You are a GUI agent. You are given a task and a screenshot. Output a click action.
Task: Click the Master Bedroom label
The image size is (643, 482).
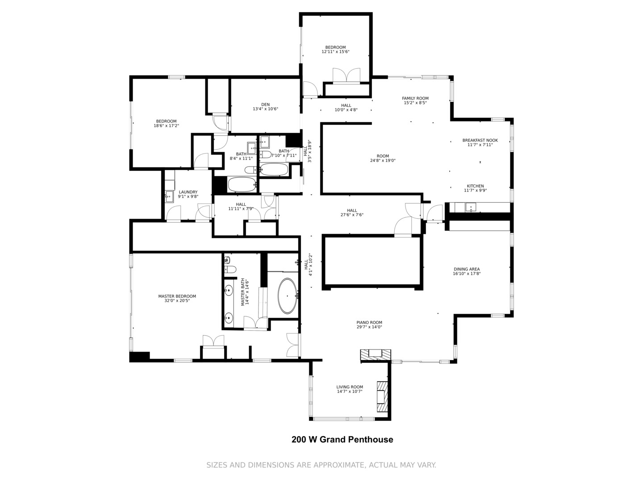pyautogui.click(x=177, y=296)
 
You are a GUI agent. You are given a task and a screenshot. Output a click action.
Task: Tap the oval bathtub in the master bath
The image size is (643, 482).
pyautogui.click(x=287, y=296)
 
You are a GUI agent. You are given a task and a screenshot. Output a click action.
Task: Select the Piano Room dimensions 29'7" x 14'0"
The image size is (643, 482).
pyautogui.click(x=369, y=327)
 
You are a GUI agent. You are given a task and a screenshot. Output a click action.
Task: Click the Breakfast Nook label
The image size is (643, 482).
pyautogui.click(x=480, y=140)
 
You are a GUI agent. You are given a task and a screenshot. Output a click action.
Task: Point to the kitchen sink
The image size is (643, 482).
pyautogui.click(x=471, y=207)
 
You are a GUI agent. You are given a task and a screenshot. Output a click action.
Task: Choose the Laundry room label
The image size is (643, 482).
pyautogui.click(x=188, y=192)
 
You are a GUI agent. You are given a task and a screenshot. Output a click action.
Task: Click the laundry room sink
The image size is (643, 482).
pyautogui.click(x=169, y=197)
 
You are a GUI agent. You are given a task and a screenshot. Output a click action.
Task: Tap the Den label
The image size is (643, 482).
pyautogui.click(x=265, y=104)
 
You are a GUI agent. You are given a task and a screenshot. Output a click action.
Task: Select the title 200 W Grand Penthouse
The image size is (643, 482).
pyautogui.click(x=342, y=439)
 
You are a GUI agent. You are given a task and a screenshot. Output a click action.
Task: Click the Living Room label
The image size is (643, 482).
pyautogui.click(x=350, y=387)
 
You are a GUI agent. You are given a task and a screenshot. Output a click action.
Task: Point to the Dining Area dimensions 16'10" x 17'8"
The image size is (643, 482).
pyautogui.click(x=467, y=274)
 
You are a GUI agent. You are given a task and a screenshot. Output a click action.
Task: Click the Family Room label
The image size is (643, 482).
pyautogui.click(x=415, y=98)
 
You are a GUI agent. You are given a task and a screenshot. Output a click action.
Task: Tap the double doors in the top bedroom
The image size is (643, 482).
pyautogui.click(x=346, y=75)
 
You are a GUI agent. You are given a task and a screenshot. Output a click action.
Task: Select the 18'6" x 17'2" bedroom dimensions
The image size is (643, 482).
pyautogui.click(x=166, y=125)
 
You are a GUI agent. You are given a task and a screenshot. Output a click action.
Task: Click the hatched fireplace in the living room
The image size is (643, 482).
pyautogui.click(x=382, y=397)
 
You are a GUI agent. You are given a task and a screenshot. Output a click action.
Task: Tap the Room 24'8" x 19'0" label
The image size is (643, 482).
pyautogui.click(x=383, y=158)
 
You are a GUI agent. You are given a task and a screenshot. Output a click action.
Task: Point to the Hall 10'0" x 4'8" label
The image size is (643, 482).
pyautogui.click(x=346, y=108)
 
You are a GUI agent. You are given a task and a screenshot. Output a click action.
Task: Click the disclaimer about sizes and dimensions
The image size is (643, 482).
pyautogui.click(x=321, y=465)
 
